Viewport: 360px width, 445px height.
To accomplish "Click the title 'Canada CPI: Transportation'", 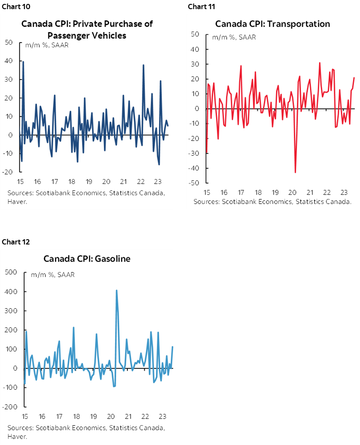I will point(273,24).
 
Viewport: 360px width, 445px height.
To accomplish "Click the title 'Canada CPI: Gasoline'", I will point(87,259).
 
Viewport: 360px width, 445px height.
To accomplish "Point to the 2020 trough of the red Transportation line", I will point(296,172).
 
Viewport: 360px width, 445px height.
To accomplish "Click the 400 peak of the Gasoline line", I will point(117,290).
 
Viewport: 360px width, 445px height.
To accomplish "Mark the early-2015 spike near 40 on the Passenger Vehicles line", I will point(23,62).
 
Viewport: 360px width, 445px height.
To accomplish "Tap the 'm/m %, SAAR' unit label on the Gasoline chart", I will point(52,275).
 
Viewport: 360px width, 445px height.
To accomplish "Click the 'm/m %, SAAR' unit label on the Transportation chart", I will point(234,37).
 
